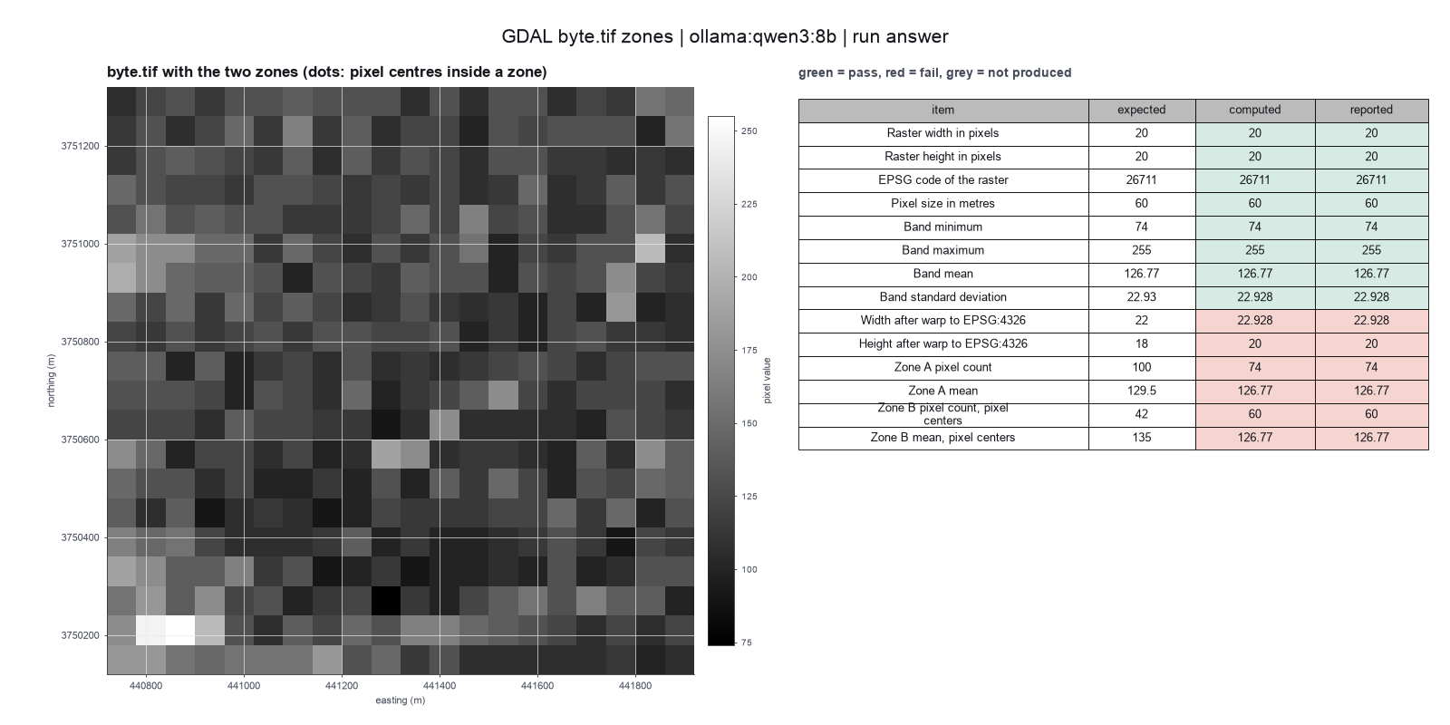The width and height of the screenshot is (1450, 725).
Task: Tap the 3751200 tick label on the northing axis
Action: (x=81, y=146)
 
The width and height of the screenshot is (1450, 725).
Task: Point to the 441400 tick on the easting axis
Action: (x=440, y=685)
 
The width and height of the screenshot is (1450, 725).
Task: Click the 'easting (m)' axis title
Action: (x=400, y=701)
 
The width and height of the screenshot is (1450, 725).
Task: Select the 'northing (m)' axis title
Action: (x=51, y=381)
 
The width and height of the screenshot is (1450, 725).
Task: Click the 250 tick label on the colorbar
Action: (x=749, y=131)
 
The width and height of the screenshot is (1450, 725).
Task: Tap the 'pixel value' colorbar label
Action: (x=767, y=381)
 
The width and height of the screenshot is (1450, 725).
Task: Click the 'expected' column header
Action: (x=1141, y=110)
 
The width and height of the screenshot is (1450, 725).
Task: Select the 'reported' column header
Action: (x=1371, y=110)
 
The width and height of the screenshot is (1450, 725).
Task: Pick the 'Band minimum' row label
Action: (x=942, y=227)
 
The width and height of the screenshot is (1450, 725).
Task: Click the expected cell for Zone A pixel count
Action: (x=1141, y=368)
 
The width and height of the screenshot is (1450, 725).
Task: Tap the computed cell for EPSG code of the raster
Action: (x=1254, y=180)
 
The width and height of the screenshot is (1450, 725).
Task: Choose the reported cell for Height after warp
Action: (x=1371, y=343)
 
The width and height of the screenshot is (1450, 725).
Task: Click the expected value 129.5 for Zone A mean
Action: (x=1141, y=391)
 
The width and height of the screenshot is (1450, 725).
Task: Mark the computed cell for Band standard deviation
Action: (x=1254, y=297)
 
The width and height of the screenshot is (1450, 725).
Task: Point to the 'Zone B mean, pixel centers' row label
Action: (x=942, y=438)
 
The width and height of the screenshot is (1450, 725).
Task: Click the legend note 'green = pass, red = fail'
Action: (x=869, y=73)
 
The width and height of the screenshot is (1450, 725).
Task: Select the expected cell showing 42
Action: (x=1141, y=414)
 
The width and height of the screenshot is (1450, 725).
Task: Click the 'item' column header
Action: (x=942, y=110)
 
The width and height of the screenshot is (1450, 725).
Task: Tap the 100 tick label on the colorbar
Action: (x=749, y=570)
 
